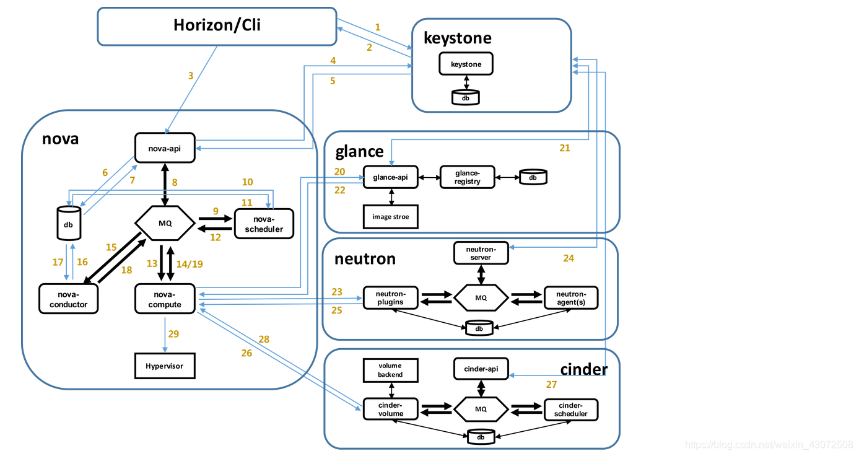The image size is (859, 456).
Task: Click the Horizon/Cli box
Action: point(217,26)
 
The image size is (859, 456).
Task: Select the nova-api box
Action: point(165,149)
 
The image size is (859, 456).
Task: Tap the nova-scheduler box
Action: point(264,224)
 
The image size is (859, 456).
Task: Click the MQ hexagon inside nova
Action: point(165,223)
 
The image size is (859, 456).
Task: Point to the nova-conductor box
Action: point(68,299)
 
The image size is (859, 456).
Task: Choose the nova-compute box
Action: point(165,299)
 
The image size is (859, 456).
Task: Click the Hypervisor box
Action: point(165,366)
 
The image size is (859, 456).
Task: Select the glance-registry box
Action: point(468,177)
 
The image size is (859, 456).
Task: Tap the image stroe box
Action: point(390,217)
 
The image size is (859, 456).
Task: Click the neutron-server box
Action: point(481,253)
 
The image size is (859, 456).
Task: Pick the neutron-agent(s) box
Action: point(571,298)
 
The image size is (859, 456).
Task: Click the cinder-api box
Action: point(481,369)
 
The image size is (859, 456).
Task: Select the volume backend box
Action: point(390,370)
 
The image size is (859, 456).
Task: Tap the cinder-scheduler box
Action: point(571,410)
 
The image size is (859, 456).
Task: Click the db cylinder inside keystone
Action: point(466,97)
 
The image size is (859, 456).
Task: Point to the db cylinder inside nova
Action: point(68,224)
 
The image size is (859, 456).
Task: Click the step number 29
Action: point(173,334)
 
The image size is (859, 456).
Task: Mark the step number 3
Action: point(191,76)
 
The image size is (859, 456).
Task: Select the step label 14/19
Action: point(190,263)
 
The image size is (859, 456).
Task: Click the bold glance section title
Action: point(359,152)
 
